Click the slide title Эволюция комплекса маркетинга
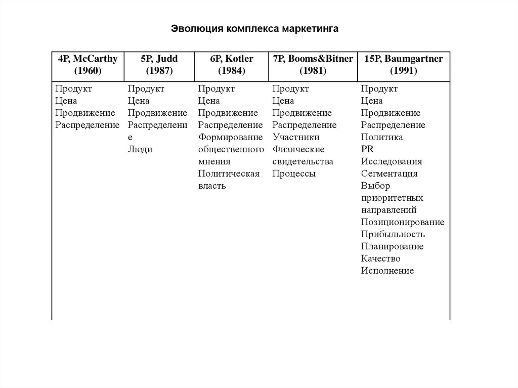[x=254, y=28]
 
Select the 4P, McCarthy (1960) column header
[x=88, y=65]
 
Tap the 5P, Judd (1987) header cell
[x=159, y=65]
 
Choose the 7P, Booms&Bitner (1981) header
[x=313, y=65]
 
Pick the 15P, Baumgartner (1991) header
[x=403, y=65]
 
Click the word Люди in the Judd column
[x=140, y=149]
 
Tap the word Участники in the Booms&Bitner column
[x=296, y=137]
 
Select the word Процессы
[x=294, y=174]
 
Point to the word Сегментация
[x=389, y=174]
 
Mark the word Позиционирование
[x=403, y=222]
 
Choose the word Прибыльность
[x=393, y=234]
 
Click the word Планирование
[x=392, y=246]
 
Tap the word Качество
[x=380, y=258]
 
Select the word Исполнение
[x=387, y=271]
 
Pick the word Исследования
[x=391, y=161]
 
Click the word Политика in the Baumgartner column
[x=381, y=137]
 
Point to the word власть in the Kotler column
[x=212, y=186]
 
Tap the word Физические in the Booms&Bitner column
[x=298, y=149]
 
